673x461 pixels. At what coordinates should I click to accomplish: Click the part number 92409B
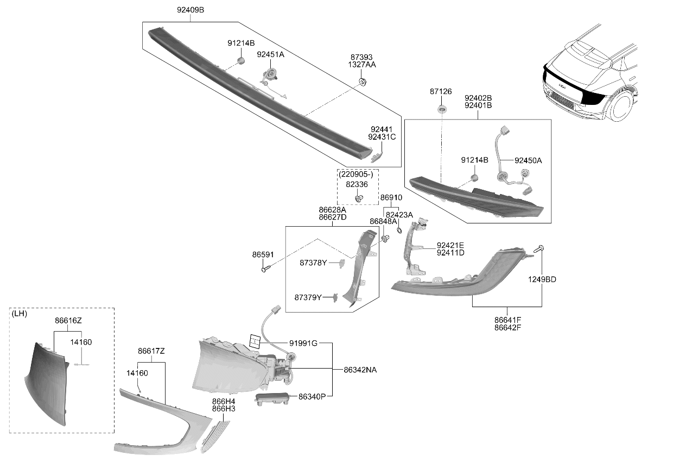pyautogui.click(x=190, y=10)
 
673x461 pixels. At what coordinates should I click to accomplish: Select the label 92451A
pyautogui.click(x=270, y=54)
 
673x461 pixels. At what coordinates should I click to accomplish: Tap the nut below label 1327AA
pyautogui.click(x=363, y=82)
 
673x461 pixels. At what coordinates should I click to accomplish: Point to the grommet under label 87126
pyautogui.click(x=442, y=109)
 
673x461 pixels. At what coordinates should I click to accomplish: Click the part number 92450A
pyautogui.click(x=528, y=160)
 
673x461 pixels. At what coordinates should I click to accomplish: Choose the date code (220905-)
pyautogui.click(x=355, y=175)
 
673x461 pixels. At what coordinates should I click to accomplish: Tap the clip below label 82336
pyautogui.click(x=359, y=198)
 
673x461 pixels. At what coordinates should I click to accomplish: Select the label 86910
pyautogui.click(x=391, y=198)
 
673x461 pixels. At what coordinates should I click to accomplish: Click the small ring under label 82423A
pyautogui.click(x=399, y=230)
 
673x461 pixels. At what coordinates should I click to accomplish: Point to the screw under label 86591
pyautogui.click(x=265, y=268)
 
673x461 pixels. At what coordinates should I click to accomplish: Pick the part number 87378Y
pyautogui.click(x=313, y=263)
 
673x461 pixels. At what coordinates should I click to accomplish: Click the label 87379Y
pyautogui.click(x=308, y=297)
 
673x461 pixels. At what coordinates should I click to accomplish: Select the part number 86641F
pyautogui.click(x=508, y=320)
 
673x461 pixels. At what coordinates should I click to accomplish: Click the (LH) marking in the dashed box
pyautogui.click(x=19, y=314)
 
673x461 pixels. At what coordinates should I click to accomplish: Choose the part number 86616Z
pyautogui.click(x=68, y=321)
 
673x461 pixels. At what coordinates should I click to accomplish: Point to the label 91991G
pyautogui.click(x=303, y=344)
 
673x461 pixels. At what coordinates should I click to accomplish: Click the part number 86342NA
pyautogui.click(x=360, y=370)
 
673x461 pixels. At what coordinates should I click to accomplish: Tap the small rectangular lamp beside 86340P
pyautogui.click(x=272, y=398)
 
